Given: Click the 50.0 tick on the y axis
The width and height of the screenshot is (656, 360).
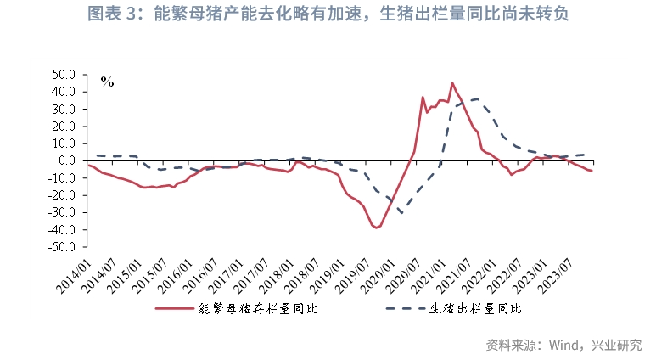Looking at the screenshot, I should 64,74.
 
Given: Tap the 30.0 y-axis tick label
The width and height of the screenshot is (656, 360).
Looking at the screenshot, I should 64,109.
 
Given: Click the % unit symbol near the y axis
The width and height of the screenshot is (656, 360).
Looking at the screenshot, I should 107,82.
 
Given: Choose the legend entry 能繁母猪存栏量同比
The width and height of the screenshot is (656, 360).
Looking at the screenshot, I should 255,309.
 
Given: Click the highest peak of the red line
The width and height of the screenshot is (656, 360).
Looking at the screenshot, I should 451,83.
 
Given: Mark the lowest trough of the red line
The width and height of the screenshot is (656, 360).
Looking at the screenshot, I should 375,228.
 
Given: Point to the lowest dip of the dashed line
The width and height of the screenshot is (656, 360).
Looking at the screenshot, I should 401,213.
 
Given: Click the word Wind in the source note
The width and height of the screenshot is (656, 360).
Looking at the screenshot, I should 565,345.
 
